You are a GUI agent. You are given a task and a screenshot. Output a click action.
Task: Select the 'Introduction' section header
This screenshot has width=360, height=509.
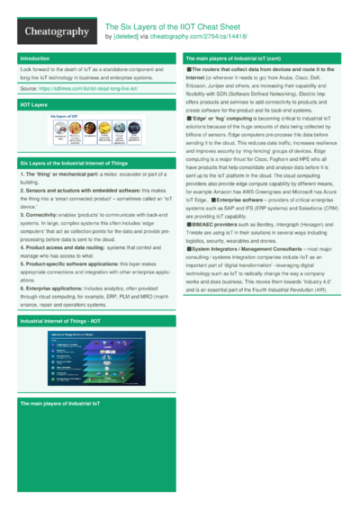click(35, 58)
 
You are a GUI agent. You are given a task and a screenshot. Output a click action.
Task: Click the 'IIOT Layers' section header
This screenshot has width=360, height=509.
click(34, 105)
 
